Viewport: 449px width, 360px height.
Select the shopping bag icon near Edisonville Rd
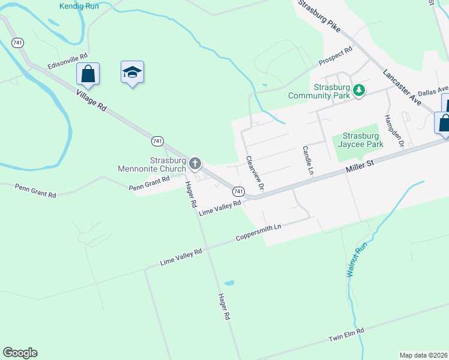(x=88, y=74)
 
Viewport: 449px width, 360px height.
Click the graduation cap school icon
(x=132, y=73)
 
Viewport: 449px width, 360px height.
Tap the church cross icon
(x=194, y=163)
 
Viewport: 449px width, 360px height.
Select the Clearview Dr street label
(x=255, y=173)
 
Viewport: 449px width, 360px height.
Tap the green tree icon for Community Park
(x=358, y=90)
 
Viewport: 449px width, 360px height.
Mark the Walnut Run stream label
(x=356, y=259)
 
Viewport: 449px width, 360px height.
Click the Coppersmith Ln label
(x=258, y=232)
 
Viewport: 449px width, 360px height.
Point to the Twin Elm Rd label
(x=346, y=334)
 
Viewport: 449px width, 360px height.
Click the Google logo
(x=20, y=353)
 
